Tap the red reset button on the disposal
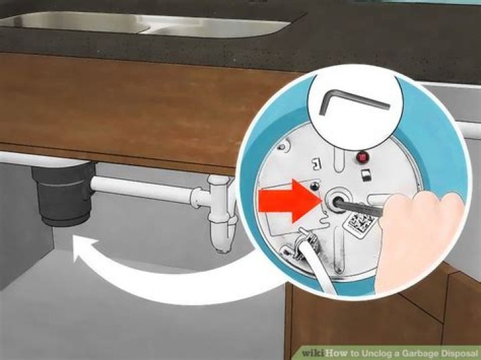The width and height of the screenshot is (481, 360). (x=363, y=158)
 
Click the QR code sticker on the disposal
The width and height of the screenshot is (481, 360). (x=361, y=222)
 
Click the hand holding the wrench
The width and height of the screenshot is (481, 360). (x=420, y=239)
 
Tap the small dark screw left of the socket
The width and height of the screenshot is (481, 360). (x=313, y=186)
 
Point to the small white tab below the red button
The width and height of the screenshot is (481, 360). (x=364, y=175)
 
